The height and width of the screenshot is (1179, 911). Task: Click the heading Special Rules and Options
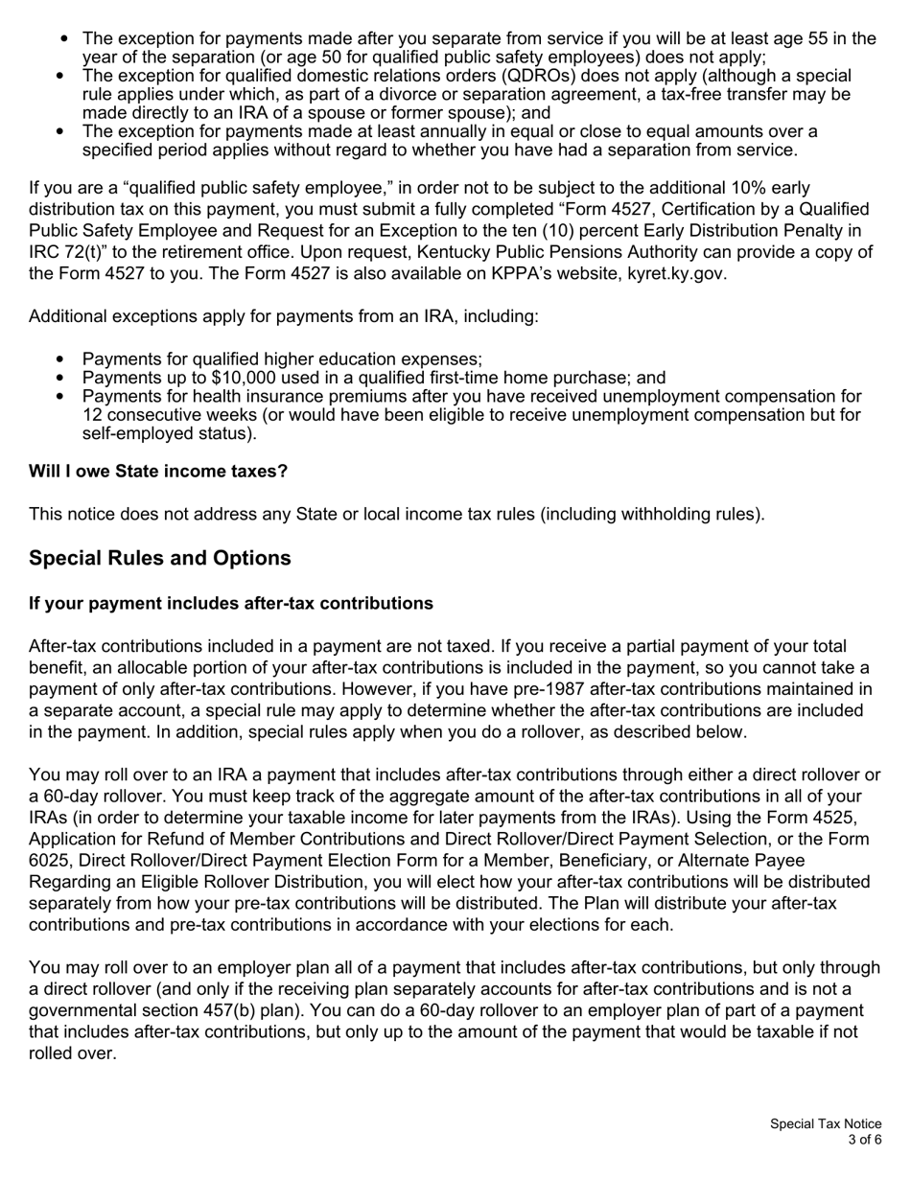(x=160, y=558)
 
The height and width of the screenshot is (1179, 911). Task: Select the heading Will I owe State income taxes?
(x=158, y=472)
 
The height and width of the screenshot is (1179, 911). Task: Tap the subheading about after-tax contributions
(x=231, y=603)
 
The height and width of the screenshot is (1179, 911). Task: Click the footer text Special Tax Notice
(x=826, y=1124)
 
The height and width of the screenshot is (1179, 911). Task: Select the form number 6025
(x=51, y=860)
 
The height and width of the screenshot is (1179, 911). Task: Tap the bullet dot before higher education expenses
(x=63, y=360)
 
